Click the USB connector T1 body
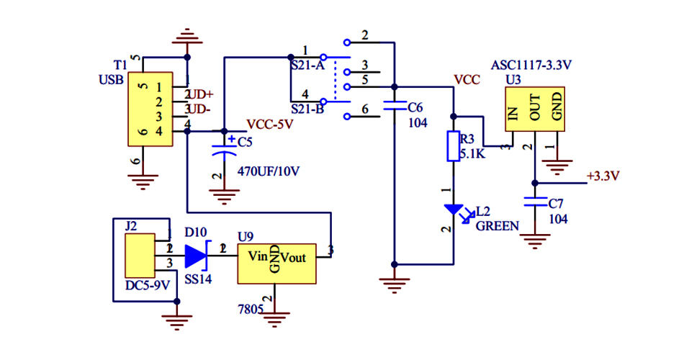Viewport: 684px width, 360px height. pos(150,109)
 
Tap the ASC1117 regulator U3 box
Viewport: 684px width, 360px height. pos(534,109)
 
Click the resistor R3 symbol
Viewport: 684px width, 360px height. pos(453,146)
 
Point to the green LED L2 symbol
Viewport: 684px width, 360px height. pos(454,210)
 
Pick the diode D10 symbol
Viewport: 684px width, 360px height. pos(196,255)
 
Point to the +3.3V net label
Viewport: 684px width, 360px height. pos(603,176)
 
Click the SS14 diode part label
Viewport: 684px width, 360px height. pos(198,279)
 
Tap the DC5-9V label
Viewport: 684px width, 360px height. pos(148,285)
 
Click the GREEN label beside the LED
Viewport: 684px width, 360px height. pos(497,225)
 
